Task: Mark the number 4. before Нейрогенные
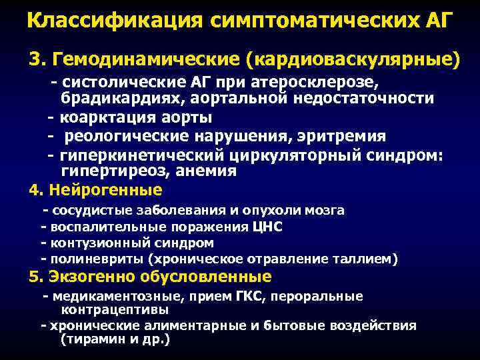[35, 190]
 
